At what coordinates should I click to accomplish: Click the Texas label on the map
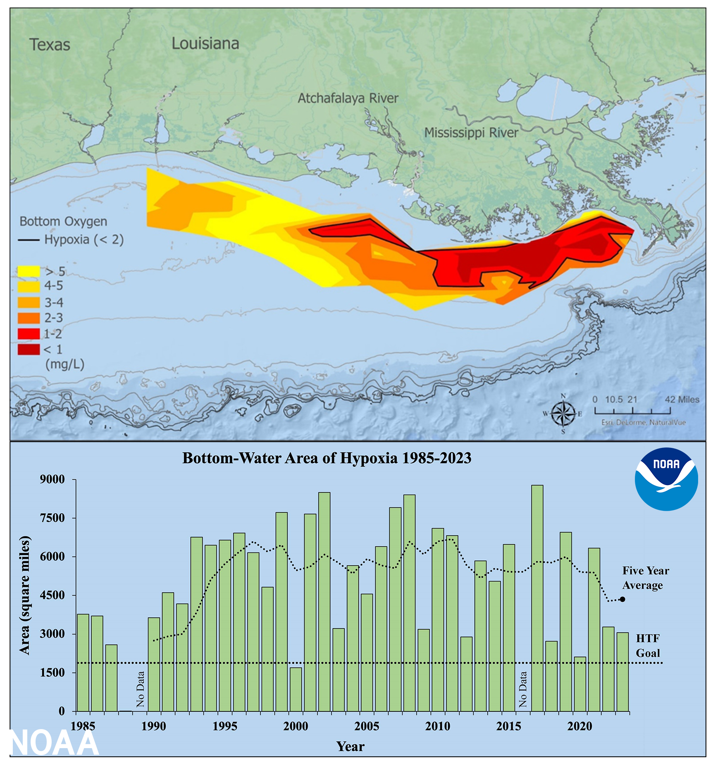tap(50, 45)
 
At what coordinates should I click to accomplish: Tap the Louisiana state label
tap(205, 43)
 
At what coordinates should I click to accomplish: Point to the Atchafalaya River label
tap(348, 98)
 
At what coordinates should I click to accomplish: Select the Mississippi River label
tap(471, 133)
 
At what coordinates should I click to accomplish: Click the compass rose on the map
tap(563, 414)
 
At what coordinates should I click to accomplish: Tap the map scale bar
tap(632, 411)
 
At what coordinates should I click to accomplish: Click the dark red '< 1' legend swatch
tap(29, 349)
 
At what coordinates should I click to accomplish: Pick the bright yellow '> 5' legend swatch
tap(29, 271)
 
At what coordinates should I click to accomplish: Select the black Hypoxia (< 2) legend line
tap(29, 240)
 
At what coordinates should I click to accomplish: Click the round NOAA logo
tap(666, 479)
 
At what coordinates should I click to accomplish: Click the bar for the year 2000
tap(296, 690)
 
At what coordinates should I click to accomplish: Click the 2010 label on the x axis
tap(437, 726)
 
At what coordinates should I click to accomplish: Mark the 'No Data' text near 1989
tap(141, 689)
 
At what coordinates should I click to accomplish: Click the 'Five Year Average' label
tap(645, 578)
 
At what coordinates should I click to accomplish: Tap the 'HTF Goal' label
tap(647, 646)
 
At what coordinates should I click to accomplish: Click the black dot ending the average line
tap(622, 599)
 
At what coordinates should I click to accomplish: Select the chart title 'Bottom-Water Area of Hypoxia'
tap(327, 458)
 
